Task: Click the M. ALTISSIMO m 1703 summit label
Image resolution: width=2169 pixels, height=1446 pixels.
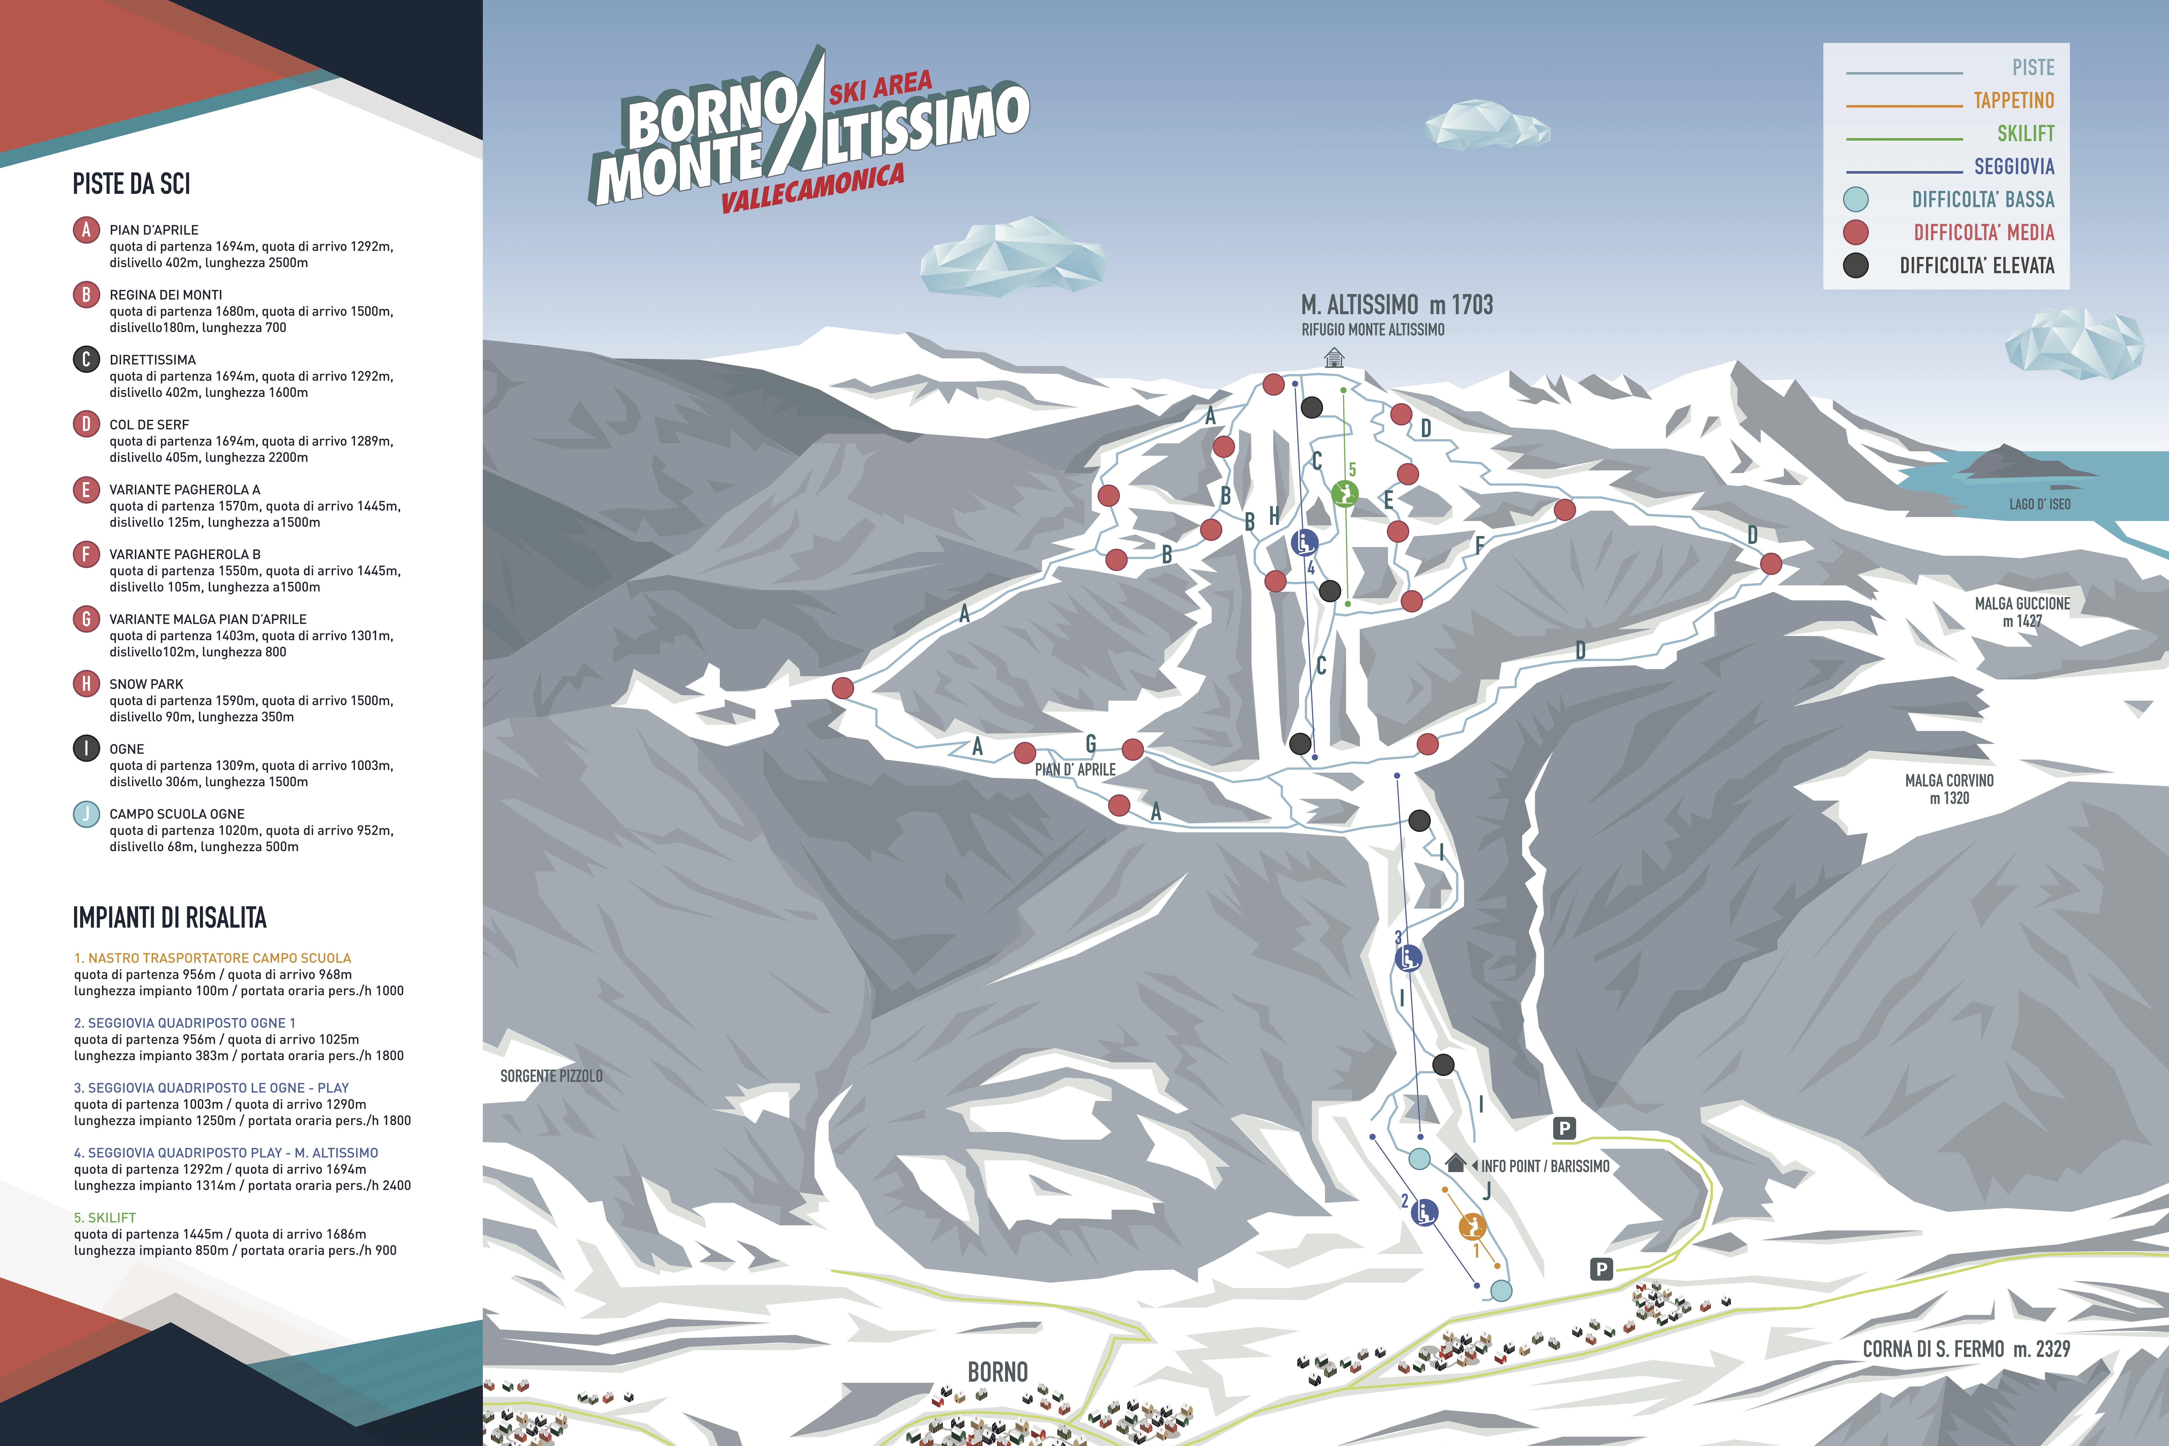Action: (1396, 305)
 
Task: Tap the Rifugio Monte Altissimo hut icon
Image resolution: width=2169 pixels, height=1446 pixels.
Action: (1334, 357)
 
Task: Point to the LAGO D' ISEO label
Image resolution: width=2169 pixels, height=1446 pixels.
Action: (2040, 504)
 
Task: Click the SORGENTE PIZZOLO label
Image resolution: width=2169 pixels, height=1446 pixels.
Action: (551, 1076)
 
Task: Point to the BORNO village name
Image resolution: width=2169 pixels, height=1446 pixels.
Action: (998, 1372)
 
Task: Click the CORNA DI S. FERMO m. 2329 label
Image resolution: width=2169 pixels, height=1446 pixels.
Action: (1966, 1349)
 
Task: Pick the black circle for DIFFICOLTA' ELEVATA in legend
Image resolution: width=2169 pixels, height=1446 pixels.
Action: (1855, 265)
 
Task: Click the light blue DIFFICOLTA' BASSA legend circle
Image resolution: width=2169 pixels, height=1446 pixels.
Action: (1855, 199)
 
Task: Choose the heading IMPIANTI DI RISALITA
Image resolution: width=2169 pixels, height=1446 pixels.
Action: (170, 918)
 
